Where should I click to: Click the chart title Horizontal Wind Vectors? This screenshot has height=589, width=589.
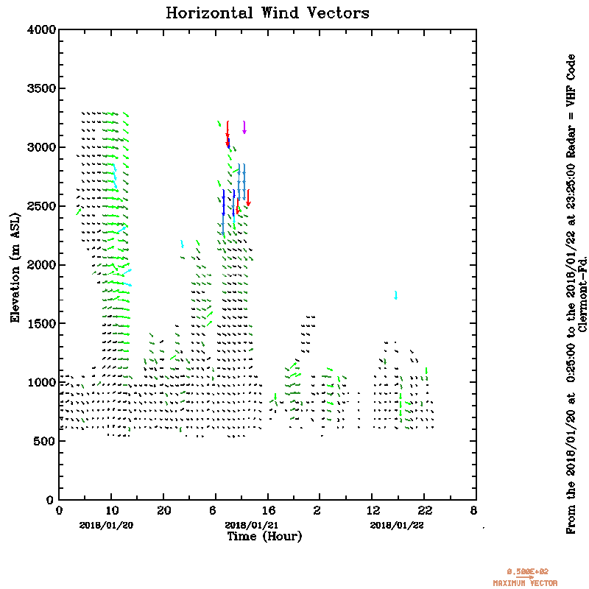[267, 13]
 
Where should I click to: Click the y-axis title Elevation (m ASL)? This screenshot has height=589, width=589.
[15, 264]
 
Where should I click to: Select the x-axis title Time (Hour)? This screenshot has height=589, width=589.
[264, 537]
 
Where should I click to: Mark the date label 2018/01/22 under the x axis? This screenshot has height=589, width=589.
[397, 525]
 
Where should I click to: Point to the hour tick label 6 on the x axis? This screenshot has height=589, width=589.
[215, 511]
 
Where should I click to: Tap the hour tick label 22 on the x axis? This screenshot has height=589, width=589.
[425, 511]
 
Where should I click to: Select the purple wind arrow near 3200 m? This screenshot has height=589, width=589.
[244, 127]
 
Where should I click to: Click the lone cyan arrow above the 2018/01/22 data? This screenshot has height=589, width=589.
[396, 295]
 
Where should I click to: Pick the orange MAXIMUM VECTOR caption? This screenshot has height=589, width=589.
[525, 583]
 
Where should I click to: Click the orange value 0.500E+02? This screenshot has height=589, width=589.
[527, 571]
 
